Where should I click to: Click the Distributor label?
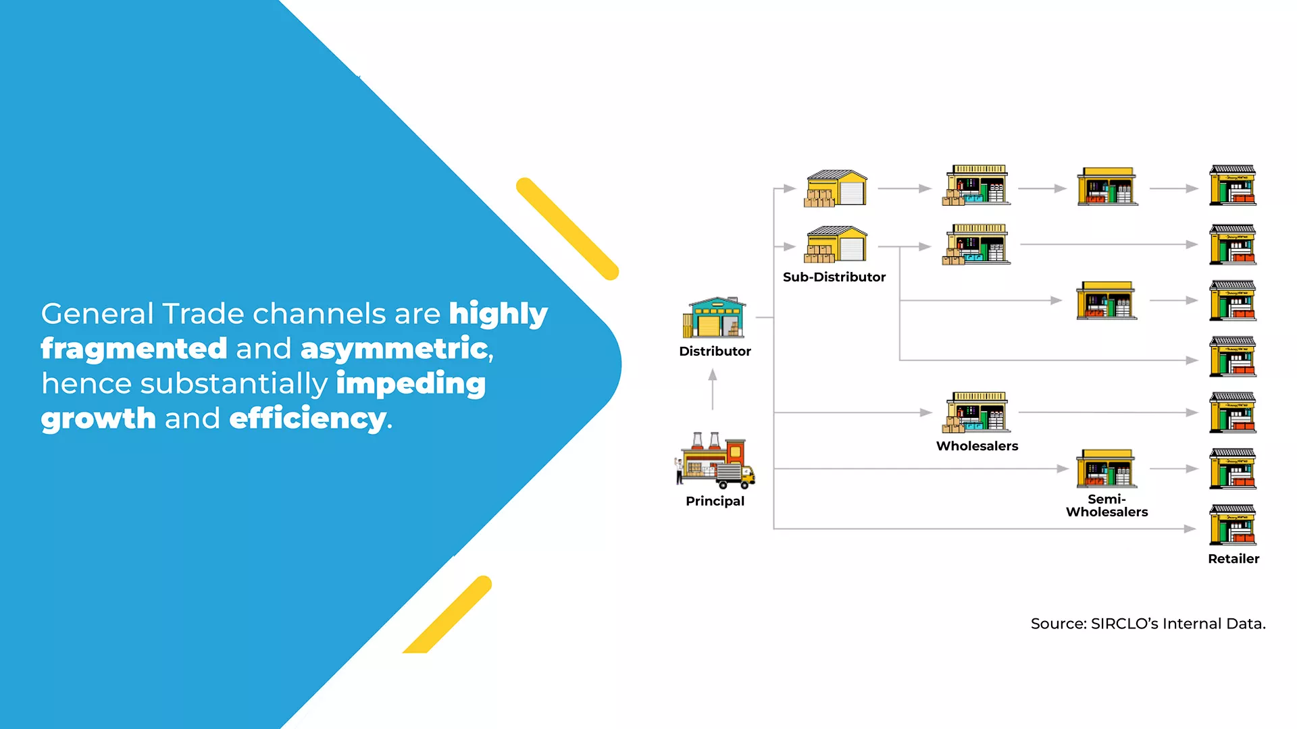715,351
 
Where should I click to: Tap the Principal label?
715,501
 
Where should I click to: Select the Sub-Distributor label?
834,277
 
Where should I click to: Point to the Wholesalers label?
977,446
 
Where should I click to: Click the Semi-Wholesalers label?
1107,506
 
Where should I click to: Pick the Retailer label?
1234,558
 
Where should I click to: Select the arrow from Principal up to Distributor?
713,389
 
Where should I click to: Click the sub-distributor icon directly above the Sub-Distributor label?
836,244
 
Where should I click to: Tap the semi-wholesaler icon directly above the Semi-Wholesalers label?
1107,468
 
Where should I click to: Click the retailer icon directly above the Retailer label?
1233,524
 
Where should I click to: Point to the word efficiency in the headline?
308,418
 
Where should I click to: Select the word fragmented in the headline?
134,349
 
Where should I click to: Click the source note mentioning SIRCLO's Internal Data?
1148,624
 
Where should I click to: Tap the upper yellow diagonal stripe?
567,228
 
